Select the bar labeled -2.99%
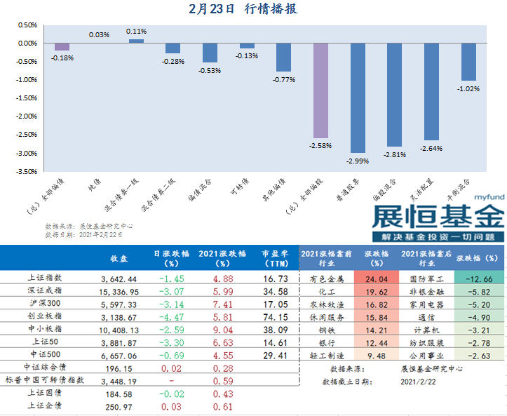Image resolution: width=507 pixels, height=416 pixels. coord(357,98)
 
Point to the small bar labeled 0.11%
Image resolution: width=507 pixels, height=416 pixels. coord(136,41)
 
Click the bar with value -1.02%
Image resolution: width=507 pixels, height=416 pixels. coord(468,62)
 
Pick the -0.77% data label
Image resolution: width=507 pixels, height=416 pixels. coord(283,80)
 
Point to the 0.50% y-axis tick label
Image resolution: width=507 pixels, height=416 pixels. coord(26,25)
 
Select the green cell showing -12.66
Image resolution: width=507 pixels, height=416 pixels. coord(480,279)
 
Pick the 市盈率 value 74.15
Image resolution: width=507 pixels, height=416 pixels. coord(276,316)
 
